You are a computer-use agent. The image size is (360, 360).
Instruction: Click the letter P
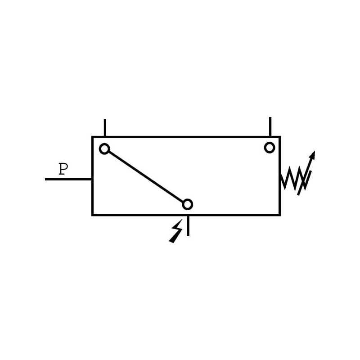(x=63, y=169)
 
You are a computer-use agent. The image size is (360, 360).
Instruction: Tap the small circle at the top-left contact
(x=104, y=148)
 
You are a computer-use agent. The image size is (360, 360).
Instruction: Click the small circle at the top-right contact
(x=270, y=147)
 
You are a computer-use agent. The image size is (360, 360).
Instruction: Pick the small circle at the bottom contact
(x=188, y=204)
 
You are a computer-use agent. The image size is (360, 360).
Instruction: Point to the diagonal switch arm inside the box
(x=146, y=176)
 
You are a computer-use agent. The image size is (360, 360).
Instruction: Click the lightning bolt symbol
(x=176, y=231)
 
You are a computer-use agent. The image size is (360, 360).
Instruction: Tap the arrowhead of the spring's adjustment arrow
(x=312, y=155)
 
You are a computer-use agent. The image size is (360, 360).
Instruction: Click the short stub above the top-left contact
(x=105, y=127)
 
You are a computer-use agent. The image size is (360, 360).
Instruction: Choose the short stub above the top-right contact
(x=270, y=126)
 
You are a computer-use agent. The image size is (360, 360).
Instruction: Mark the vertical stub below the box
(x=188, y=225)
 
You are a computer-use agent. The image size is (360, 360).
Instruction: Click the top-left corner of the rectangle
(x=93, y=137)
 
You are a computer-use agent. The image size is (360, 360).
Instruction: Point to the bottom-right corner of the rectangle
(x=279, y=215)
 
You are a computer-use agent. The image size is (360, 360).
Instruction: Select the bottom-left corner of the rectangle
(x=93, y=215)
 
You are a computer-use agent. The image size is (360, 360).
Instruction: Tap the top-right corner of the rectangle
(x=279, y=137)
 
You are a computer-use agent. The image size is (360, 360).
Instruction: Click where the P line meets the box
(x=92, y=179)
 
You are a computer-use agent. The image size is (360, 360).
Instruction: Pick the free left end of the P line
(x=46, y=179)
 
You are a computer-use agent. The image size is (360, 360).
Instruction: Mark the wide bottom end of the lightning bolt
(x=172, y=241)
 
